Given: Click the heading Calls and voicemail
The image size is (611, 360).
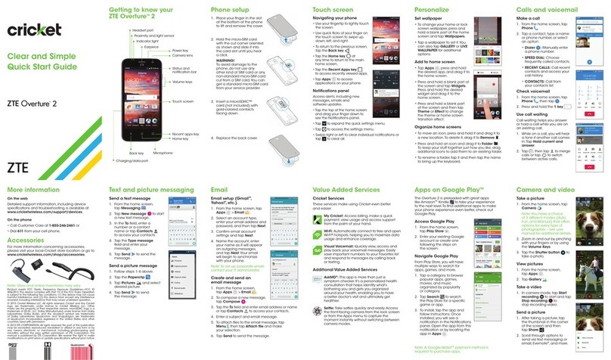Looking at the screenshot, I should (548, 12).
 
